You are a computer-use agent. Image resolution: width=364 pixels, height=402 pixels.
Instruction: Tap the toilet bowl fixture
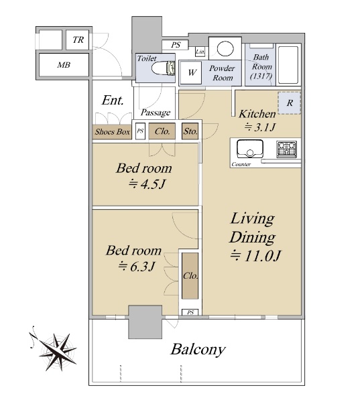pyautogui.click(x=163, y=68)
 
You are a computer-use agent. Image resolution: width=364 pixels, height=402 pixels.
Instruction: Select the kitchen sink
pyautogui.click(x=250, y=149)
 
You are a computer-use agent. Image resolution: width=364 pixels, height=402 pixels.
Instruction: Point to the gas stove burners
pyautogui.click(x=286, y=149)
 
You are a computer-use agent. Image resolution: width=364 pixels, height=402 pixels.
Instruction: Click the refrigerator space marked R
pyautogui.click(x=289, y=103)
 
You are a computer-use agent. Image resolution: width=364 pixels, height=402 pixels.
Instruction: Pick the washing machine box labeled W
pyautogui.click(x=191, y=73)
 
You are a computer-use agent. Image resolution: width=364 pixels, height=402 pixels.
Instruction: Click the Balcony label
pyautogui.click(x=198, y=349)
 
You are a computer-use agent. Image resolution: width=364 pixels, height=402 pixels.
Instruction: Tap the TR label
pyautogui.click(x=78, y=40)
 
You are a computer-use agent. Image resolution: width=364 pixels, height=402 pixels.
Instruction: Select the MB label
pyautogui.click(x=64, y=65)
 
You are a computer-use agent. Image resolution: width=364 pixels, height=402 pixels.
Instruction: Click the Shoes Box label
pyautogui.click(x=112, y=132)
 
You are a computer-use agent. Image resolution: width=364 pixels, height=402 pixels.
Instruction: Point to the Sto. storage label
pyautogui.click(x=190, y=131)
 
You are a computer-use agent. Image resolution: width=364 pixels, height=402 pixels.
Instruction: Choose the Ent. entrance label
pyautogui.click(x=113, y=100)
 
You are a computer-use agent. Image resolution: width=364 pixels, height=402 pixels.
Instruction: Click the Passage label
pyautogui.click(x=156, y=113)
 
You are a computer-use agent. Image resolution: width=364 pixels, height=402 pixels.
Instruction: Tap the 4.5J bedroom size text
pyautogui.click(x=147, y=184)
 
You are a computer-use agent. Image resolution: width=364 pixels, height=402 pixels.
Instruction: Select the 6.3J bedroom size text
pyautogui.click(x=136, y=267)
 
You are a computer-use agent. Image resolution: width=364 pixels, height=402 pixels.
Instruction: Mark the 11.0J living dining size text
pyautogui.click(x=255, y=256)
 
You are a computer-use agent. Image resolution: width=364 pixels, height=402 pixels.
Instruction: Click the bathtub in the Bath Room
pyautogui.click(x=288, y=65)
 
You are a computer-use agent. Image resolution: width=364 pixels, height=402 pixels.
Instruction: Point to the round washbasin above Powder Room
pyautogui.click(x=225, y=48)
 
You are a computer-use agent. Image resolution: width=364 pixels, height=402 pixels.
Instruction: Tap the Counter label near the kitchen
pyautogui.click(x=241, y=164)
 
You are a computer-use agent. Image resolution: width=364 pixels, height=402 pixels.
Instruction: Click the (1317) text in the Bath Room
pyautogui.click(x=261, y=76)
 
